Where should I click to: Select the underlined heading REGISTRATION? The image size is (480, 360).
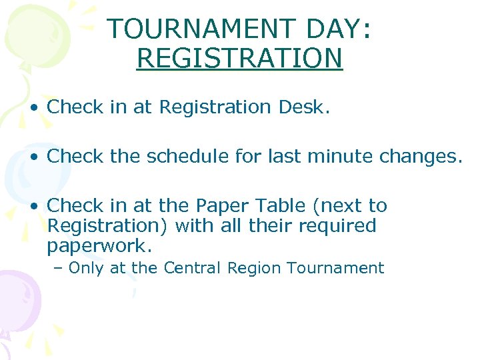239,58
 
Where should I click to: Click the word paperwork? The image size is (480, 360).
99,245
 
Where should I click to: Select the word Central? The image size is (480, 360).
192,268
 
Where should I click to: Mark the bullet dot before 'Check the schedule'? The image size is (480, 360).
33,157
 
